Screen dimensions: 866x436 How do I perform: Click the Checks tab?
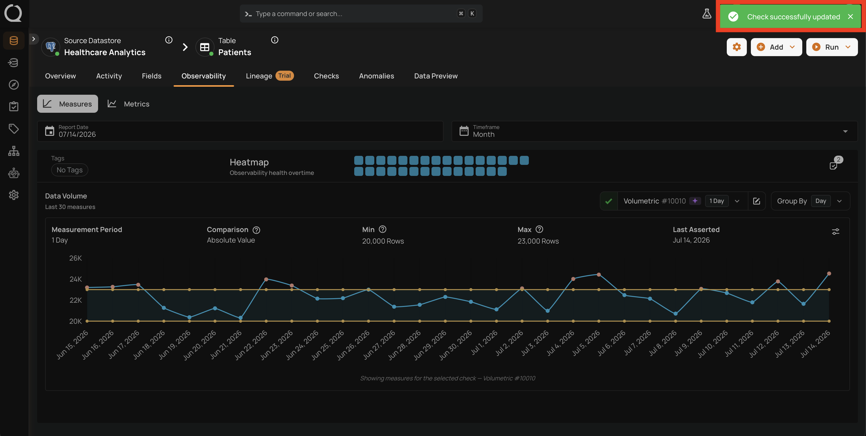(326, 76)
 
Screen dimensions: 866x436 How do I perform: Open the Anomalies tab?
(376, 76)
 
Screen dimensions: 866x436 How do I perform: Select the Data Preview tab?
(436, 76)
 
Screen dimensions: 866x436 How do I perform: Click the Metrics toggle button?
(128, 104)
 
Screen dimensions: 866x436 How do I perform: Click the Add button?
(776, 47)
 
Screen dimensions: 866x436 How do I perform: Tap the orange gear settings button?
(736, 47)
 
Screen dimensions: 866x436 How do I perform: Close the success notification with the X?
(850, 17)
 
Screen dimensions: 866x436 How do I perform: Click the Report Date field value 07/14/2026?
(77, 134)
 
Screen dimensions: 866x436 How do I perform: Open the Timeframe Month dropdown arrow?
(845, 131)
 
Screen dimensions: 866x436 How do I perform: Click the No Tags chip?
(69, 170)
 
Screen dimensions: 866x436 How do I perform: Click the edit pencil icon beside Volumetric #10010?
(756, 201)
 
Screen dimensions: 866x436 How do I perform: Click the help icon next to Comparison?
(256, 230)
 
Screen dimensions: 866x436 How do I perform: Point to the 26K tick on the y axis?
(76, 258)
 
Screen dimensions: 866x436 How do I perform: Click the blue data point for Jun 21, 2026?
(240, 318)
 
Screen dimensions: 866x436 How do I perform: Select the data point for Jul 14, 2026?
(829, 273)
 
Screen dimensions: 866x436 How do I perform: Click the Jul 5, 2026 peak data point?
(599, 274)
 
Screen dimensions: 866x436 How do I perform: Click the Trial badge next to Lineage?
(284, 76)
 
